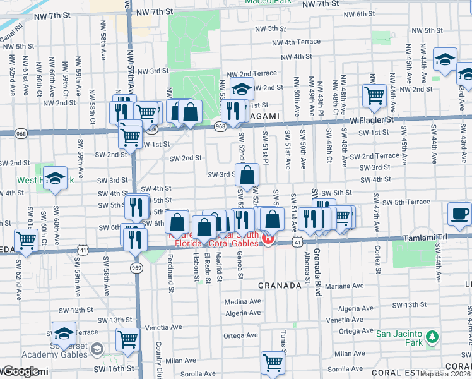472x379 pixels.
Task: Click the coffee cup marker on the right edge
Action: (x=460, y=214)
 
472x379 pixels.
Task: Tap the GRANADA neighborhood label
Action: (x=280, y=286)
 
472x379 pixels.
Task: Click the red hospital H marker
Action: (x=268, y=239)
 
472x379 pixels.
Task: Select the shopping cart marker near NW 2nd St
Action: (x=374, y=96)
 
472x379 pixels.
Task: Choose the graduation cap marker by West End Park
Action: (x=56, y=177)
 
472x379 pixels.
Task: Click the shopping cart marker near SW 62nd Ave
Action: (x=26, y=239)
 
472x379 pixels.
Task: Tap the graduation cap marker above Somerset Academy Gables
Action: (x=64, y=332)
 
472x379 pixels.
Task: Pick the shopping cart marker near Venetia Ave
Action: (x=127, y=338)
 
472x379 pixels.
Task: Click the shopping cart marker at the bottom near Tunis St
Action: (x=273, y=362)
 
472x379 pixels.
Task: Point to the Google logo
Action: (x=20, y=372)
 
